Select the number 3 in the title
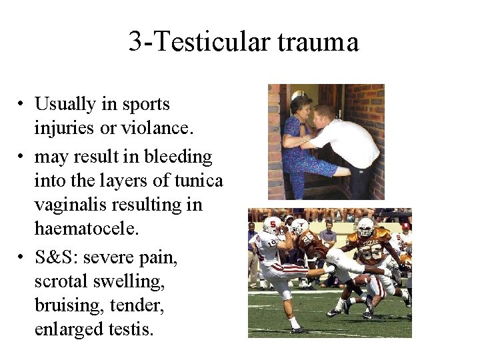pos(135,42)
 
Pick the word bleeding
pos(179,157)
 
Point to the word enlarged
pos(67,329)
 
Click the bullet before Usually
pos(23,105)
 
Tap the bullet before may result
pos(23,158)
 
